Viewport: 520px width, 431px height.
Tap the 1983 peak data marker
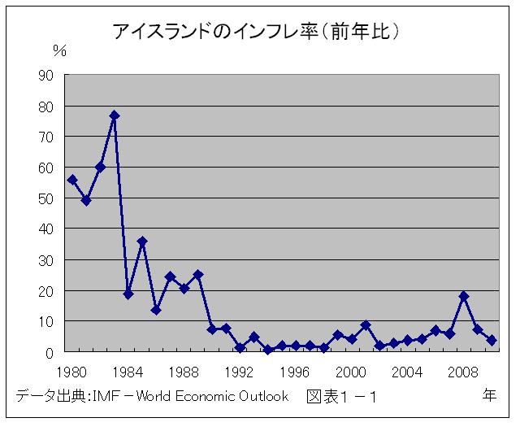[115, 115]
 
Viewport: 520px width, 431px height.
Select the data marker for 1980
[72, 180]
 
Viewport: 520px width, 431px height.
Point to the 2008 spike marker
[464, 296]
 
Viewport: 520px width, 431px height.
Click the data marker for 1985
[142, 242]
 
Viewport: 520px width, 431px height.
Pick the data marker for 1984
[128, 294]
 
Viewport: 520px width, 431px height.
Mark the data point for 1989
[198, 275]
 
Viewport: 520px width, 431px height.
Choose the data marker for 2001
[366, 325]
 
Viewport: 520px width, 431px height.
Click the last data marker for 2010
[492, 341]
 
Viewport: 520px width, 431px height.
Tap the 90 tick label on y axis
[45, 75]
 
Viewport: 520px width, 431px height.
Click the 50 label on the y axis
[45, 198]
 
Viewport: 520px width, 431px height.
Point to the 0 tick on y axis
[50, 352]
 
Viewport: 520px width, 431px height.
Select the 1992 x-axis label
[240, 372]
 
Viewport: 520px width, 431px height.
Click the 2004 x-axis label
[408, 372]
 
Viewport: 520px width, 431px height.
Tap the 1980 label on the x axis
[72, 372]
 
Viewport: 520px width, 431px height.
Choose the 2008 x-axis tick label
[463, 372]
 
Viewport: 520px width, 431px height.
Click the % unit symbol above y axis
[59, 50]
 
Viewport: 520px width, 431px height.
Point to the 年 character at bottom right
[490, 396]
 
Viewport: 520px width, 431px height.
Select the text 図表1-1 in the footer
[341, 397]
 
